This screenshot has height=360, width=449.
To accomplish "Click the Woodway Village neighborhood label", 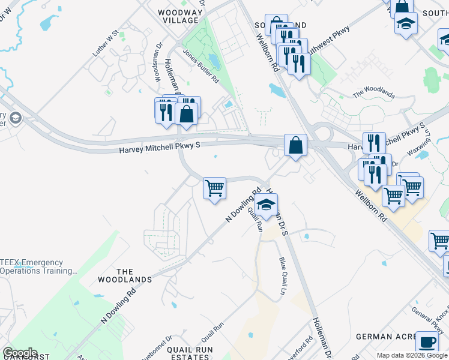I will [178, 16].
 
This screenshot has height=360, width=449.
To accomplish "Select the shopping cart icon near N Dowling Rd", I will [214, 188].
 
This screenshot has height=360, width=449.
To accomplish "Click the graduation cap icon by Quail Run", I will [267, 204].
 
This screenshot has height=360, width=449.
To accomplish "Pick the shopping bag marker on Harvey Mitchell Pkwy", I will [295, 145].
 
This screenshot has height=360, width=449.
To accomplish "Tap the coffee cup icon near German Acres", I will [427, 341].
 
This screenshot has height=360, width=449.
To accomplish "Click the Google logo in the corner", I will [20, 353].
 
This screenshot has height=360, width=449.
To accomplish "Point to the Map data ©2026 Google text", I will [412, 355].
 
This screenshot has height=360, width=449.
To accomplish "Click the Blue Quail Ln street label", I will [283, 272].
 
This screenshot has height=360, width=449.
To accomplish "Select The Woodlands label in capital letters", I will [133, 276].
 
